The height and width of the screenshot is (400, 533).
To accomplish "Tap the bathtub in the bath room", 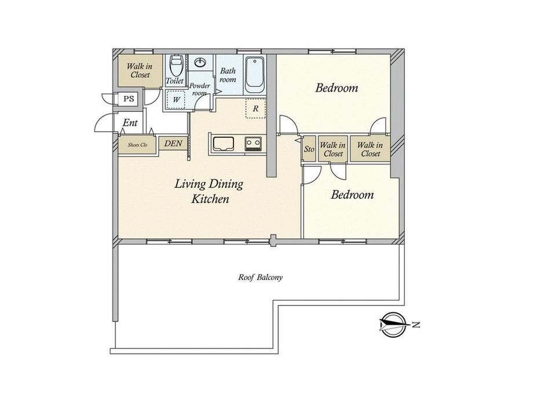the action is (254, 75).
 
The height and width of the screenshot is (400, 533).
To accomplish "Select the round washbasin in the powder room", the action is (200, 63).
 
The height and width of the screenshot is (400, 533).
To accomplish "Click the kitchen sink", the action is (223, 144).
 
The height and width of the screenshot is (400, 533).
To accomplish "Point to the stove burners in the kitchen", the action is (253, 144).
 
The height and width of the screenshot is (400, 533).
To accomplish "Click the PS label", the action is (129, 99).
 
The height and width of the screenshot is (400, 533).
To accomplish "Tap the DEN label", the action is (173, 143).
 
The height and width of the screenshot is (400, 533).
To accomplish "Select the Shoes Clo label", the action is (137, 145).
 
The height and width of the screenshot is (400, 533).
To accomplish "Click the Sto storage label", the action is (309, 149).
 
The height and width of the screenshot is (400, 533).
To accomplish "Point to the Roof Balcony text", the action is (260, 277).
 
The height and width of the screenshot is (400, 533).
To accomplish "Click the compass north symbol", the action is (393, 325).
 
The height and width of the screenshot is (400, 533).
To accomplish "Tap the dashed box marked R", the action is (255, 108).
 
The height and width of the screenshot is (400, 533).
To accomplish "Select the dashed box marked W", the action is (176, 100).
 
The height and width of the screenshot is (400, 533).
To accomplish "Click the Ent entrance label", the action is (130, 122).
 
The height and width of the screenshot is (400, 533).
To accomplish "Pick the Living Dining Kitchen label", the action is (209, 191).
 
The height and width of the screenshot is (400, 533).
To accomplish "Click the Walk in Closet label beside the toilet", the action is (140, 70).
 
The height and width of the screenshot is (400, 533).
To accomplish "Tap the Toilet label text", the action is (175, 81).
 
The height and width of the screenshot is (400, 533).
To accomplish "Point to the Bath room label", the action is (228, 75).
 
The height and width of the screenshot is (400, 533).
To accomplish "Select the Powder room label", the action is (199, 89).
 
